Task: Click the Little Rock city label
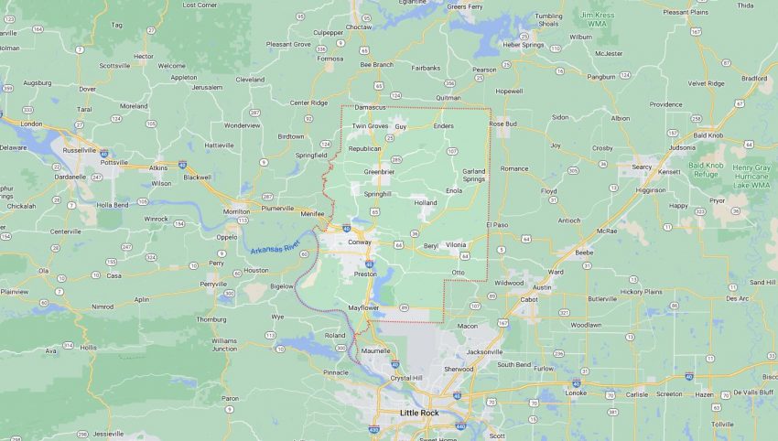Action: click(x=420, y=413)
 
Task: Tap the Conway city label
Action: click(x=358, y=242)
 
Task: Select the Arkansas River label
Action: click(x=274, y=246)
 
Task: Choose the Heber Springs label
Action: click(x=523, y=44)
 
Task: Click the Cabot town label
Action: click(x=529, y=298)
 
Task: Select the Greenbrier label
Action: click(x=379, y=171)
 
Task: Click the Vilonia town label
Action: click(x=456, y=245)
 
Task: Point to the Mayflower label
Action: click(x=363, y=307)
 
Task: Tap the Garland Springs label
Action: click(x=473, y=175)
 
